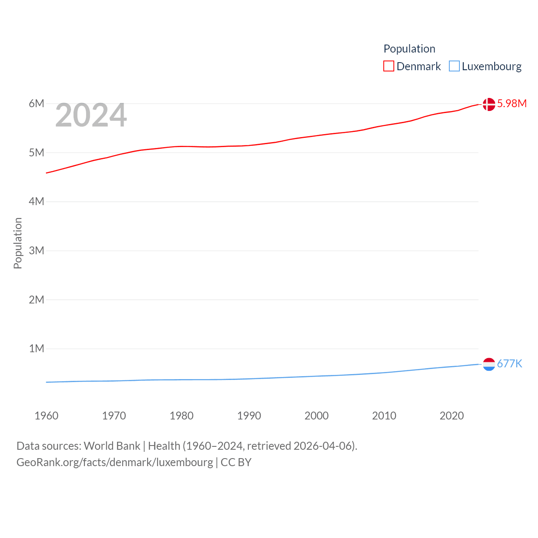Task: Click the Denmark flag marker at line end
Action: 489,104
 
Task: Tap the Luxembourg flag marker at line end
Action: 489,364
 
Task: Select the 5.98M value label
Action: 512,103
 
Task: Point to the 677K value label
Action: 509,364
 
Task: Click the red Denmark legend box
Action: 389,66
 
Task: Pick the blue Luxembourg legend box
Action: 454,66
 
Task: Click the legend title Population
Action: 409,49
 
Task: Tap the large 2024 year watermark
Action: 91,115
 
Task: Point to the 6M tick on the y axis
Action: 37,103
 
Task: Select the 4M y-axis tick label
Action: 37,201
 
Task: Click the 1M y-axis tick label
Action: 37,348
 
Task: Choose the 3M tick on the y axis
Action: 37,251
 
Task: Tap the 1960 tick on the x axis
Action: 46,416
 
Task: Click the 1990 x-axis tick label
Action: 249,416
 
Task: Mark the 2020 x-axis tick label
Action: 451,416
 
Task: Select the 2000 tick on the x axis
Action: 316,416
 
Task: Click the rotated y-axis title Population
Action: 18,243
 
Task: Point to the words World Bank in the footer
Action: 112,446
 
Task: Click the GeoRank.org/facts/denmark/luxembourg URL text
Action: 115,462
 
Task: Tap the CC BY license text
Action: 236,462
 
